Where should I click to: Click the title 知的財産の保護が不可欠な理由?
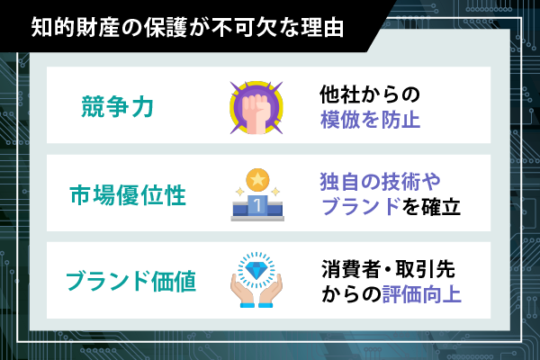coord(187,27)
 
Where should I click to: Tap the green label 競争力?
coord(117,106)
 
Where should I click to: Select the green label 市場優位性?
coord(128,194)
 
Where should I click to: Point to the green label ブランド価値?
coord(131,281)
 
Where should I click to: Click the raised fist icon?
coord(256,108)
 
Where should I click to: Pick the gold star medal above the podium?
coord(257,179)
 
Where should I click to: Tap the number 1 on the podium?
coord(257,205)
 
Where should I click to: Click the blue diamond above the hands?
coord(256,270)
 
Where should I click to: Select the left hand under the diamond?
coord(243,291)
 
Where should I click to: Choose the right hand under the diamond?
coord(270,291)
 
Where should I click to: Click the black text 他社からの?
coord(370,94)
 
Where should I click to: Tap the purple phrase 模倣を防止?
coord(370,120)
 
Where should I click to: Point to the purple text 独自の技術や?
coord(380,181)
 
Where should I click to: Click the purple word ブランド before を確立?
coord(361,207)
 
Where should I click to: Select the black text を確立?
coord(431,207)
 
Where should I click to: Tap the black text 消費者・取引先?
coord(388,269)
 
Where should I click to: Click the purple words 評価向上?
coord(422,294)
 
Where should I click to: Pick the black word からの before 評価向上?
coord(352,294)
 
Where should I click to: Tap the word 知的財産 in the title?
coord(75,27)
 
